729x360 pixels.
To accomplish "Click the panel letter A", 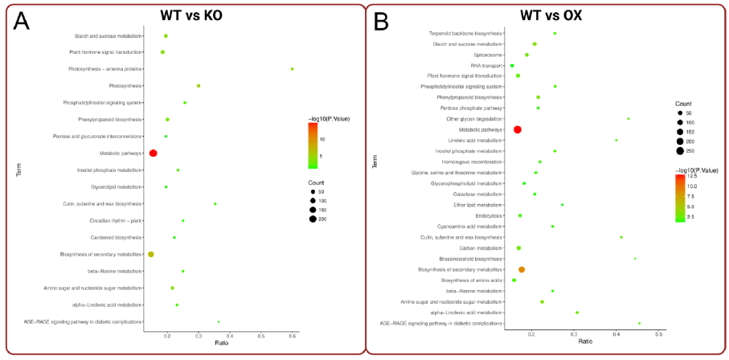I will click(21, 22).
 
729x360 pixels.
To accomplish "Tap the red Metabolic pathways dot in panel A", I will click(154, 153).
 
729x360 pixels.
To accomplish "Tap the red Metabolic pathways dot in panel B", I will click(518, 129).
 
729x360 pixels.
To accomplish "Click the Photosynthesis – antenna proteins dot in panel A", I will click(292, 69).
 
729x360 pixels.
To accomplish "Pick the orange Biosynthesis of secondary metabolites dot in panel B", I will click(522, 270).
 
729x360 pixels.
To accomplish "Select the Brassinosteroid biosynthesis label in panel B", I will click(470, 259).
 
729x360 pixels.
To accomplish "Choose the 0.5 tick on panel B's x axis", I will click(658, 333).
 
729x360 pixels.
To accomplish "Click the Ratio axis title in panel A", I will click(221, 343).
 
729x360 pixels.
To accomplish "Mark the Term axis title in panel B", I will click(375, 162).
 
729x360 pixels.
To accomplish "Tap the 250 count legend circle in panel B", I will click(680, 151).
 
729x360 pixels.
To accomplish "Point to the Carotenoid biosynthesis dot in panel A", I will click(174, 238).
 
